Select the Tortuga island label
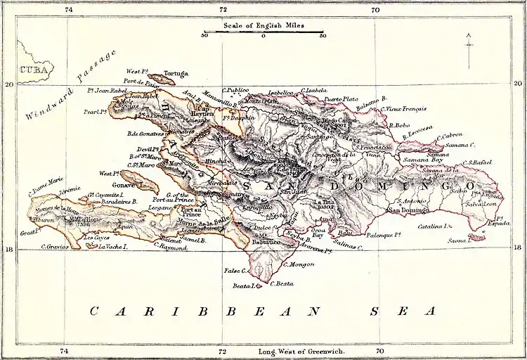[x=175, y=72]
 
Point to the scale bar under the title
[x=263, y=32]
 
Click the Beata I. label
[x=242, y=286]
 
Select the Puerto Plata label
[x=342, y=99]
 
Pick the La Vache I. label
[x=112, y=247]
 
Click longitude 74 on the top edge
[x=68, y=10]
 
